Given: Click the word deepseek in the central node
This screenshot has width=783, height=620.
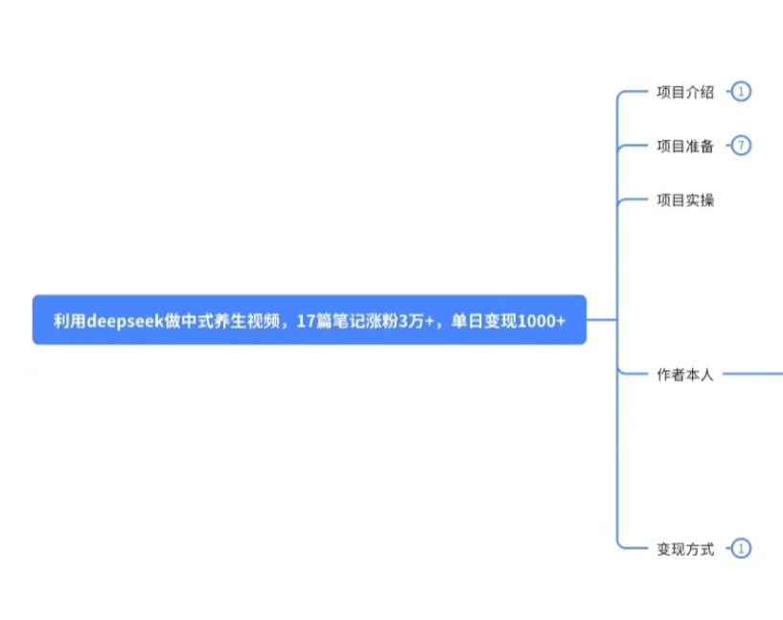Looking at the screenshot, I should (124, 321).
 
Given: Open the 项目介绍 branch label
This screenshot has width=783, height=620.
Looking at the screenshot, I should (684, 92).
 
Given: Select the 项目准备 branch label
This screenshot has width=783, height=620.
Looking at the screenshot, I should (684, 147).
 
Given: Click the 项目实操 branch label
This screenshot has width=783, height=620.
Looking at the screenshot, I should (684, 200).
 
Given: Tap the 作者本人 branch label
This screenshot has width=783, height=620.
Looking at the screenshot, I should (684, 375).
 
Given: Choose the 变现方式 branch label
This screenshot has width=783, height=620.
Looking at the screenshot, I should (684, 549).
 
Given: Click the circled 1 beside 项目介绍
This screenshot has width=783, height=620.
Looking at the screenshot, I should (741, 92).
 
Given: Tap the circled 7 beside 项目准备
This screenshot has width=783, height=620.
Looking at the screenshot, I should (741, 147).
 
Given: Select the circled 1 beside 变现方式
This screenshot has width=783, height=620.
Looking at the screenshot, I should (741, 549).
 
